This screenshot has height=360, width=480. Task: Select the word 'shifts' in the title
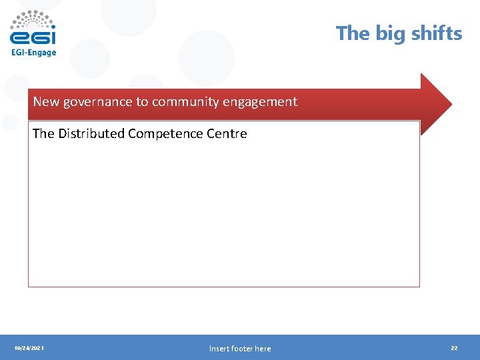[436, 33]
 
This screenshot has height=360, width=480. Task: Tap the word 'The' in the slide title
[351, 33]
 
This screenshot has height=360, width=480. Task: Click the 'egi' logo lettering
[33, 35]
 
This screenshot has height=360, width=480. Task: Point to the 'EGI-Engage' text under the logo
[33, 53]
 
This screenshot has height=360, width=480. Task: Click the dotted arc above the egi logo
[33, 17]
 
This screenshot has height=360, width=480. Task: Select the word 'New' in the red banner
[46, 102]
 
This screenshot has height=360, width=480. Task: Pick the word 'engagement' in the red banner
[266, 102]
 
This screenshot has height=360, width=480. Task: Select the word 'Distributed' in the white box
[91, 133]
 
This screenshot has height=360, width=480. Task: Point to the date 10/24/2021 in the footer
[29, 348]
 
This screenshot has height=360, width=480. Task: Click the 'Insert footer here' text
[240, 348]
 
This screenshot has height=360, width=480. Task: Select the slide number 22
[454, 348]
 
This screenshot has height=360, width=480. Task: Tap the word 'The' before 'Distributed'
[43, 133]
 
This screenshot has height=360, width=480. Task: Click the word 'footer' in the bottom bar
[241, 348]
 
